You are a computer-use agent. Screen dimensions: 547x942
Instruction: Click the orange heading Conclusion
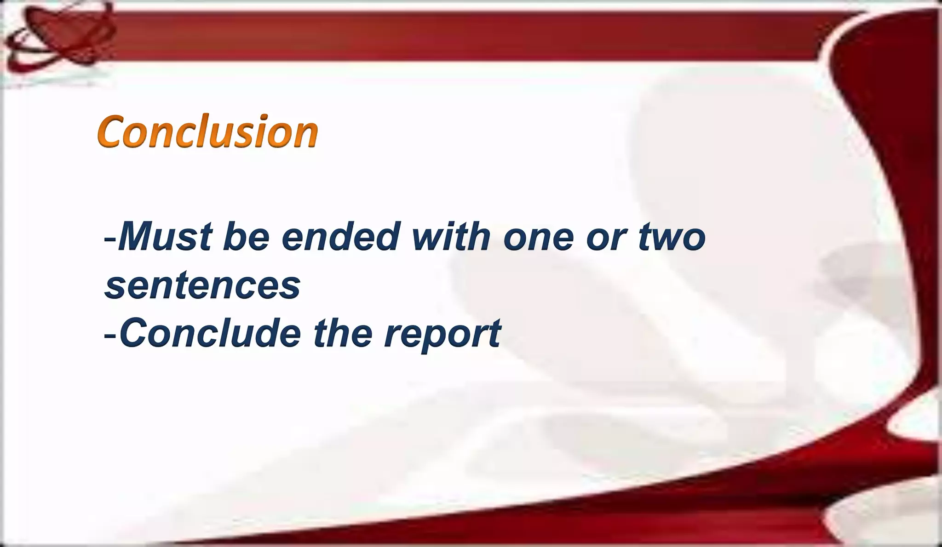click(x=207, y=132)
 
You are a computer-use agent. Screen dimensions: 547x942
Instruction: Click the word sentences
click(x=203, y=286)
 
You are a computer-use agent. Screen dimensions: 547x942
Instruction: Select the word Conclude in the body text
click(x=210, y=333)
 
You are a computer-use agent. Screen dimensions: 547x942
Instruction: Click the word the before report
click(x=343, y=333)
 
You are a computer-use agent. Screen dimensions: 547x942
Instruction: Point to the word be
click(x=246, y=237)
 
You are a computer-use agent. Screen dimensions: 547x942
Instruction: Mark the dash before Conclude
click(x=110, y=335)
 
